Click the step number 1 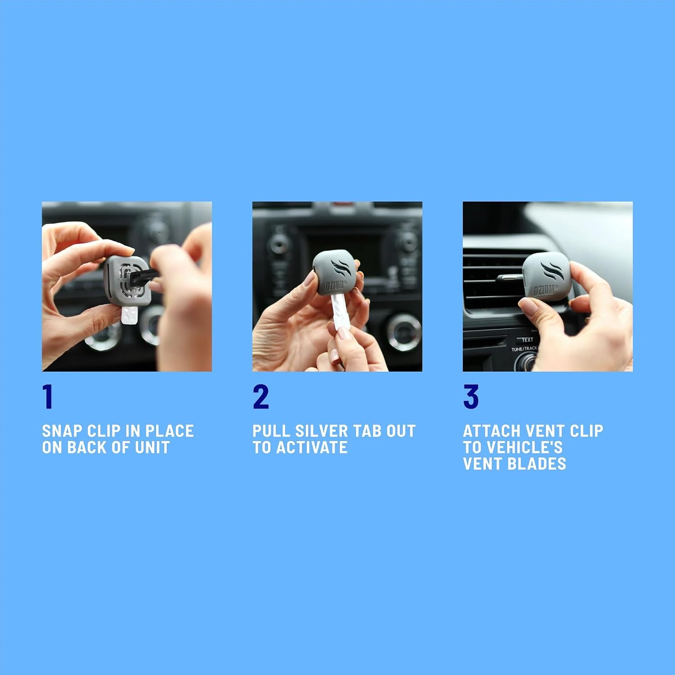coord(48,396)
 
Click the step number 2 coord(261,396)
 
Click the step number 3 coord(471,396)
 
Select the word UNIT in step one coord(152,447)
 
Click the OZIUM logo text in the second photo coord(335,284)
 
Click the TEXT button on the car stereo coord(527,340)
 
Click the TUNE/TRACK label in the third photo coord(524,349)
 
